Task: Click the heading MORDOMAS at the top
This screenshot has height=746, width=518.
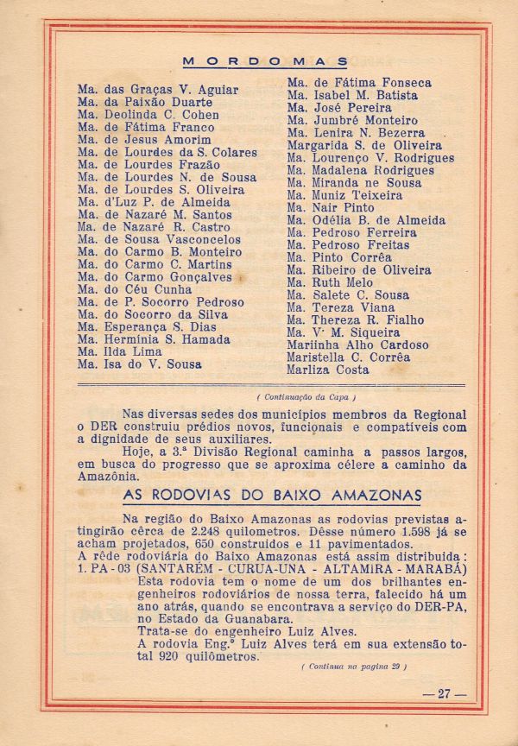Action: (x=266, y=61)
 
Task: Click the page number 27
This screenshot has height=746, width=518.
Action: (x=444, y=692)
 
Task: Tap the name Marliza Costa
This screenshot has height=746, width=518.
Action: (x=327, y=370)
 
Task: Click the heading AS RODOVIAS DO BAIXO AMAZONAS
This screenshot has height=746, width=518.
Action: (x=272, y=496)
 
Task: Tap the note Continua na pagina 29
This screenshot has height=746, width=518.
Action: (x=354, y=667)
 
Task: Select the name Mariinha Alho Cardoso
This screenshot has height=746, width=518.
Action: (x=357, y=345)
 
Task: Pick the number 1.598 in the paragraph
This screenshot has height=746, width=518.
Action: (x=393, y=532)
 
